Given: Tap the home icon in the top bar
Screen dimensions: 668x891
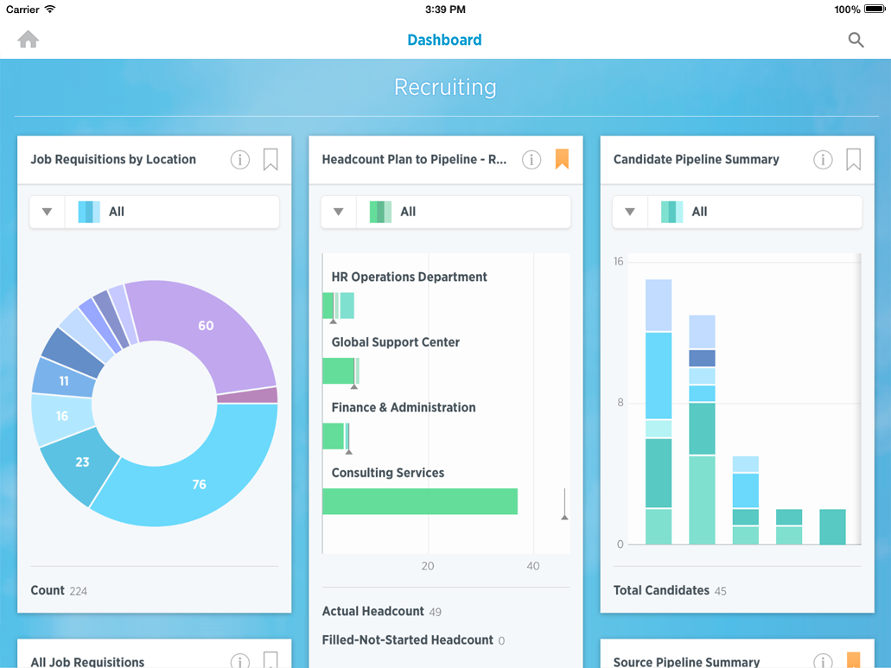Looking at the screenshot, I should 29,40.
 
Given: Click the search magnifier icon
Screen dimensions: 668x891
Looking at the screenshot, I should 856,40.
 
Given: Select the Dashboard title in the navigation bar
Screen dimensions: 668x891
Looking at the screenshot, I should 444,40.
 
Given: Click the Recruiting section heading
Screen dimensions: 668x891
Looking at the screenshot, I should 445,87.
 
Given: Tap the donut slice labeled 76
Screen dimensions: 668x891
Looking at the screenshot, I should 200,484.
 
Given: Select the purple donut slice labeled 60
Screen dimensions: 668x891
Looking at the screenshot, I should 206,326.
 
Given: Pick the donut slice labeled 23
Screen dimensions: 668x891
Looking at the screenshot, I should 82,462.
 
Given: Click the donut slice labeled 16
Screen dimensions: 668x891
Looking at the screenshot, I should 61,417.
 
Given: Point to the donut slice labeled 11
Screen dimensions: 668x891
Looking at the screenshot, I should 64,380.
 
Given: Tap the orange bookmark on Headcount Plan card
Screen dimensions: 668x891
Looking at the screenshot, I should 562,159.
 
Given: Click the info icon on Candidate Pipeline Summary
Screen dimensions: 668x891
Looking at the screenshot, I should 823,159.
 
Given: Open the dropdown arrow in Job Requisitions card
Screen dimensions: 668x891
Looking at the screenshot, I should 48,212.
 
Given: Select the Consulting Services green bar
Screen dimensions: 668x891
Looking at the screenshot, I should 420,501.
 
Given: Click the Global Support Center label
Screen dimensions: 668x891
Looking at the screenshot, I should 395,342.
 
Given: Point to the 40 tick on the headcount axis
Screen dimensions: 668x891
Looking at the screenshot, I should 532,566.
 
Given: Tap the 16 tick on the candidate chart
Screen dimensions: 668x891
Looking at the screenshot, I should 618,261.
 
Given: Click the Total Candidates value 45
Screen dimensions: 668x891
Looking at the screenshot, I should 721,591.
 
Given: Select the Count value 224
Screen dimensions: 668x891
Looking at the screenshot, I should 79,591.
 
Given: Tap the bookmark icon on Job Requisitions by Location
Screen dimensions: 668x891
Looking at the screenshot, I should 270,159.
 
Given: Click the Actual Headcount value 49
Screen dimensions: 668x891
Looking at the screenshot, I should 435,612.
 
